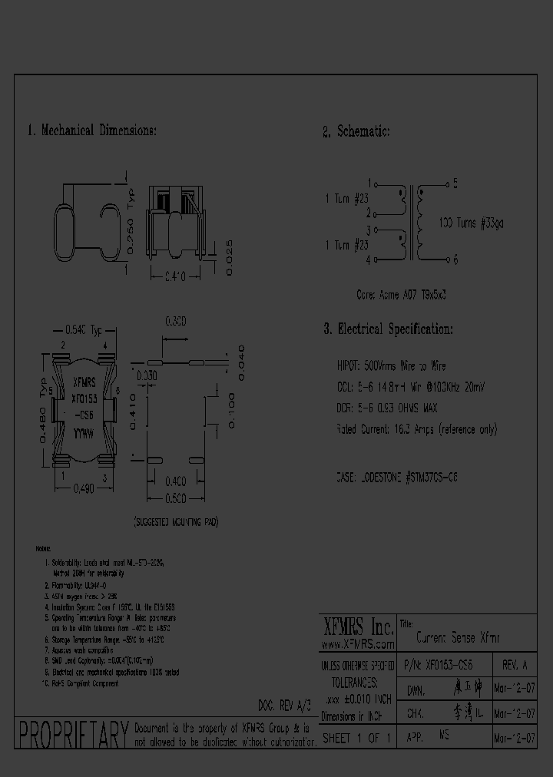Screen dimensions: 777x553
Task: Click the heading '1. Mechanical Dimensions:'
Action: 92,131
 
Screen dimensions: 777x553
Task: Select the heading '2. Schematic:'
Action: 356,132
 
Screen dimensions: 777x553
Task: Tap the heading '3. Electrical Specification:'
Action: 387,329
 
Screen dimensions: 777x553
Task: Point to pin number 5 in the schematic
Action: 455,184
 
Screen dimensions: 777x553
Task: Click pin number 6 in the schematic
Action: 455,260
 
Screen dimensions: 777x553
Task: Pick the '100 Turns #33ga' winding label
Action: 471,223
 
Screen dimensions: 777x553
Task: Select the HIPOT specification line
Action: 391,367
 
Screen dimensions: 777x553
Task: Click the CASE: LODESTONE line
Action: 398,477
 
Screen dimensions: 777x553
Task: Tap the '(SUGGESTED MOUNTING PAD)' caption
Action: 177,522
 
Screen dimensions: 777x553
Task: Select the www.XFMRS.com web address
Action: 356,644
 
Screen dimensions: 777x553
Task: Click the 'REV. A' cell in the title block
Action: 514,664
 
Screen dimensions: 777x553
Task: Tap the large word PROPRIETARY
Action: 73,735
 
